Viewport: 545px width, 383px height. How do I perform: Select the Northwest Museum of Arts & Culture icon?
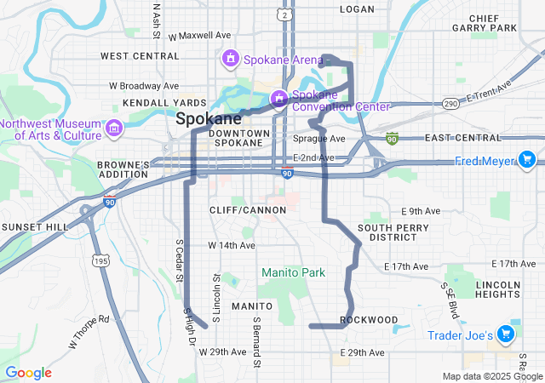(x=114, y=129)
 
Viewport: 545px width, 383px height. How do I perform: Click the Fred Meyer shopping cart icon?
(x=527, y=160)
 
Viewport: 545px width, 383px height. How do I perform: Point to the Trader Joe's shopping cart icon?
(x=507, y=335)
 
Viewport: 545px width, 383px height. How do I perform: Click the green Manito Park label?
(x=293, y=272)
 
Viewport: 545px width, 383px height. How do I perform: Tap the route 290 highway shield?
(x=451, y=103)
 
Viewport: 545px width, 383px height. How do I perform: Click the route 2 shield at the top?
(x=284, y=14)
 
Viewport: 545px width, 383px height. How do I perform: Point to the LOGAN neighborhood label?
(x=357, y=9)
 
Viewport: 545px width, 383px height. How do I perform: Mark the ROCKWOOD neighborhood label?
(x=369, y=320)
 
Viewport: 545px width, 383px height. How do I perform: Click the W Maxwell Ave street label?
(x=200, y=36)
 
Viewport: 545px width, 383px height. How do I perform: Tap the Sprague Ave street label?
(x=319, y=138)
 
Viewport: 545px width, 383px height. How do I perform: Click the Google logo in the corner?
(x=29, y=373)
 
